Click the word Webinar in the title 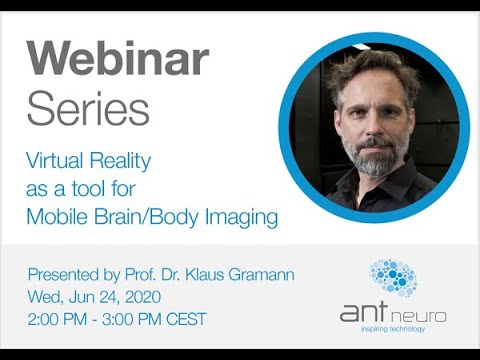tap(117, 61)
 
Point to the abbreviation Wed tap(46, 297)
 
